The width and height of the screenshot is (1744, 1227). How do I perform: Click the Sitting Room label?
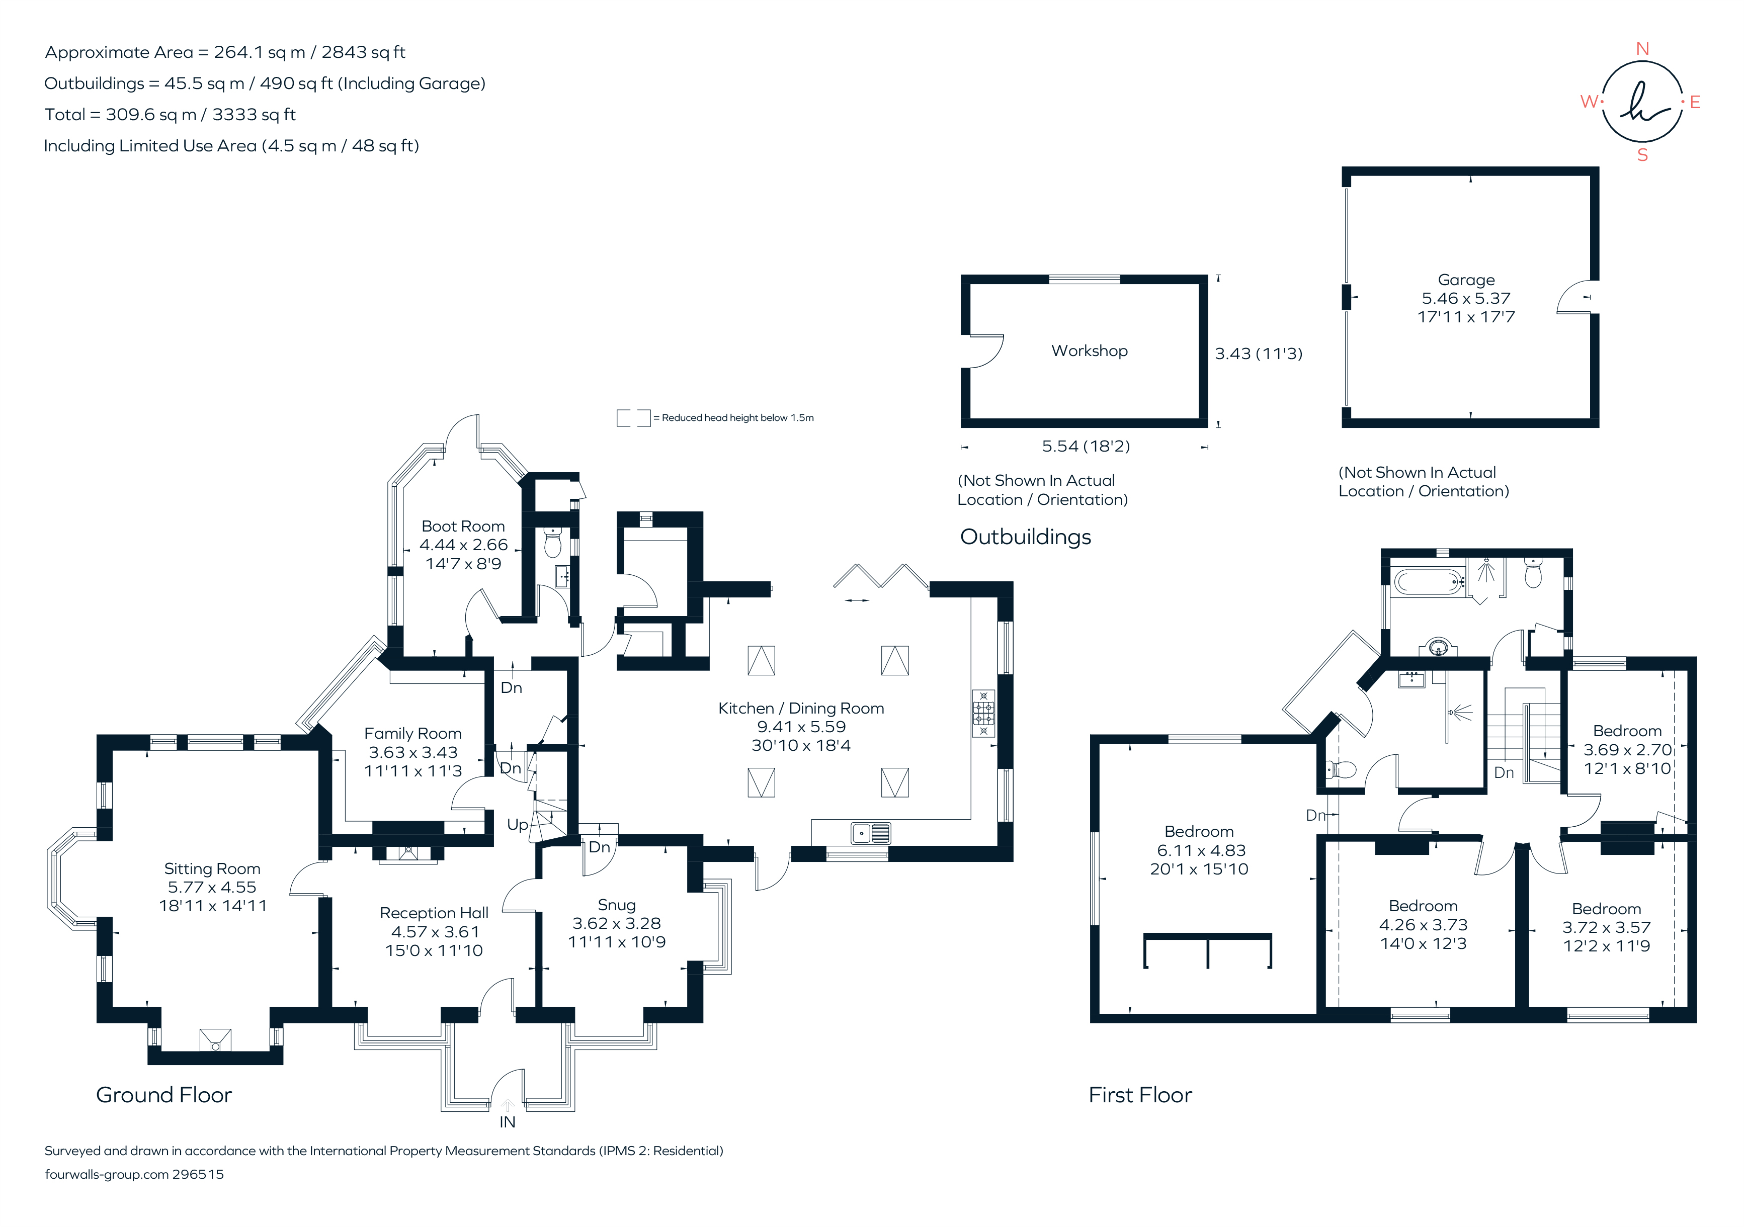pos(212,868)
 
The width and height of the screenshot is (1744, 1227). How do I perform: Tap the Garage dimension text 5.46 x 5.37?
pos(1466,298)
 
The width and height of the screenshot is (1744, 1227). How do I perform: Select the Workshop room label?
pos(1089,351)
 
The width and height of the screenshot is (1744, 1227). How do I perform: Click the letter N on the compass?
pos(1642,49)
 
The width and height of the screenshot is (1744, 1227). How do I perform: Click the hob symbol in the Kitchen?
pos(983,713)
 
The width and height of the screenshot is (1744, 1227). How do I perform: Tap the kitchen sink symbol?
pos(870,834)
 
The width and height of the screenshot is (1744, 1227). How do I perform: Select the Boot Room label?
pos(463,526)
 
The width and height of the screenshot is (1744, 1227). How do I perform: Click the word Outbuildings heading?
pos(1026,537)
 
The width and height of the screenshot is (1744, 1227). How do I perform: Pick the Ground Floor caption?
pos(163,1095)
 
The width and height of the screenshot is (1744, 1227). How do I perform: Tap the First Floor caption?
pos(1140,1095)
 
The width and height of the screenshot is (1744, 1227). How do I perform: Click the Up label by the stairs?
pos(517,825)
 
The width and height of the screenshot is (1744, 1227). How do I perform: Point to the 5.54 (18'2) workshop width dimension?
pos(1086,447)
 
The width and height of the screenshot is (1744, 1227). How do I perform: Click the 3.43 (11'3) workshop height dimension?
pos(1258,354)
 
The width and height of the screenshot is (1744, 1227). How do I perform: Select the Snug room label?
pos(616,905)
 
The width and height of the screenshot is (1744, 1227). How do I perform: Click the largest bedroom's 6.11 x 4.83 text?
pos(1201,850)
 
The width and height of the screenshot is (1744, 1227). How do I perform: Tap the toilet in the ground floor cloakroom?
pos(553,544)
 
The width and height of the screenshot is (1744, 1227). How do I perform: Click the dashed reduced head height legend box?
pos(633,417)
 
